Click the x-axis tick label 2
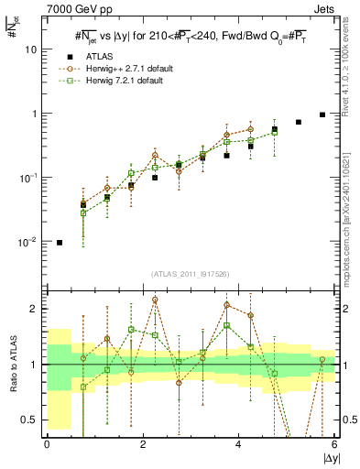tap(143, 444)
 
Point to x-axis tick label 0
tap(47, 444)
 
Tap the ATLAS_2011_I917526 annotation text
tap(191, 274)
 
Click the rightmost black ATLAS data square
tap(322, 115)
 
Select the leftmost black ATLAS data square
tap(60, 243)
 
